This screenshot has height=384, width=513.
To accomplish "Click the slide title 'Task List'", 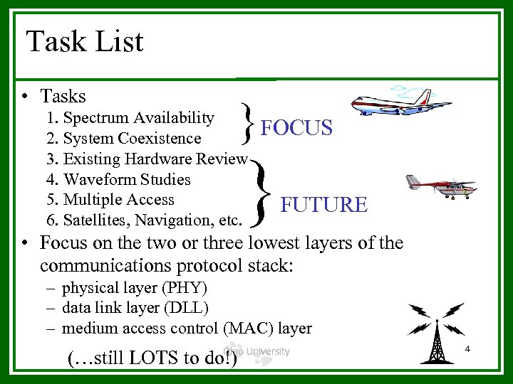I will click(85, 42).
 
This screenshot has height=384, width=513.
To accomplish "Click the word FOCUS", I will click(296, 128).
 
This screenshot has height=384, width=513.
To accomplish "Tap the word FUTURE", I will click(324, 205).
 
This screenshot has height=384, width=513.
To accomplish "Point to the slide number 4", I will click(467, 349).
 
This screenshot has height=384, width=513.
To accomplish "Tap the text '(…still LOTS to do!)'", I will click(151, 358).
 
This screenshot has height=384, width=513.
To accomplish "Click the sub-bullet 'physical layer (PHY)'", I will click(134, 288).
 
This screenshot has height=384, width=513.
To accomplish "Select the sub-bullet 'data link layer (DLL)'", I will click(135, 308).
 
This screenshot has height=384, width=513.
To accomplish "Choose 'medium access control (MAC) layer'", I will click(187, 328).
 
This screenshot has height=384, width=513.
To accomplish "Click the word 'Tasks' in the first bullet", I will click(63, 96).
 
